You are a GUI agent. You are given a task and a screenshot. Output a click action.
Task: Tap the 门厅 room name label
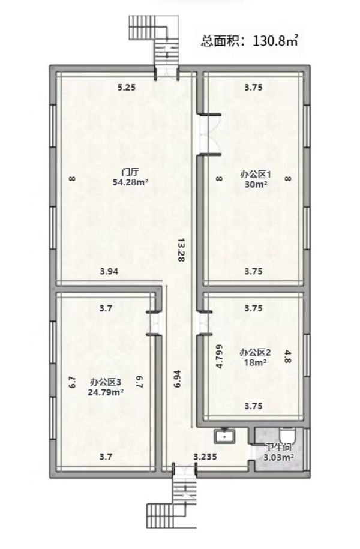(x=130, y=172)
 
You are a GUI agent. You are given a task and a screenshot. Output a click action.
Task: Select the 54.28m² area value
(x=130, y=182)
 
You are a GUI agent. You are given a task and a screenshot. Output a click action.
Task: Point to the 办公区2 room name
(x=255, y=352)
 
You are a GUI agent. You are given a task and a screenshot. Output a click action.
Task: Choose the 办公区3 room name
(x=106, y=382)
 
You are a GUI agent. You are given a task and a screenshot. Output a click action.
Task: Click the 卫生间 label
(x=278, y=448)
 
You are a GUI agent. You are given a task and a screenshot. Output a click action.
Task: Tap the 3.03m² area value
(x=278, y=458)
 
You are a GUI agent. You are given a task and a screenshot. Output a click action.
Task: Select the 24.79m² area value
(x=106, y=392)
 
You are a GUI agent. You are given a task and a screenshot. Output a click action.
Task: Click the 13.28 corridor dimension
(x=181, y=250)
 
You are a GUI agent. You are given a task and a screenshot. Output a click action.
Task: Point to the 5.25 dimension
(x=127, y=88)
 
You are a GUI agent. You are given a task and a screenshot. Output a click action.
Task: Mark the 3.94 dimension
(x=109, y=271)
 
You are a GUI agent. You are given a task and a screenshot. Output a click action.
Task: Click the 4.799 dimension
(x=220, y=357)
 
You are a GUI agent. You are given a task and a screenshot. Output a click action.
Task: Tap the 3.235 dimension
(x=205, y=457)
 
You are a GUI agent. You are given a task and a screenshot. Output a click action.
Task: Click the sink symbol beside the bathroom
(x=224, y=436)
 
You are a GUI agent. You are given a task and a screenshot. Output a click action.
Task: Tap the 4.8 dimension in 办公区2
(x=287, y=357)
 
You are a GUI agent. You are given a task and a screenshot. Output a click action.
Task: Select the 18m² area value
(x=255, y=362)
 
